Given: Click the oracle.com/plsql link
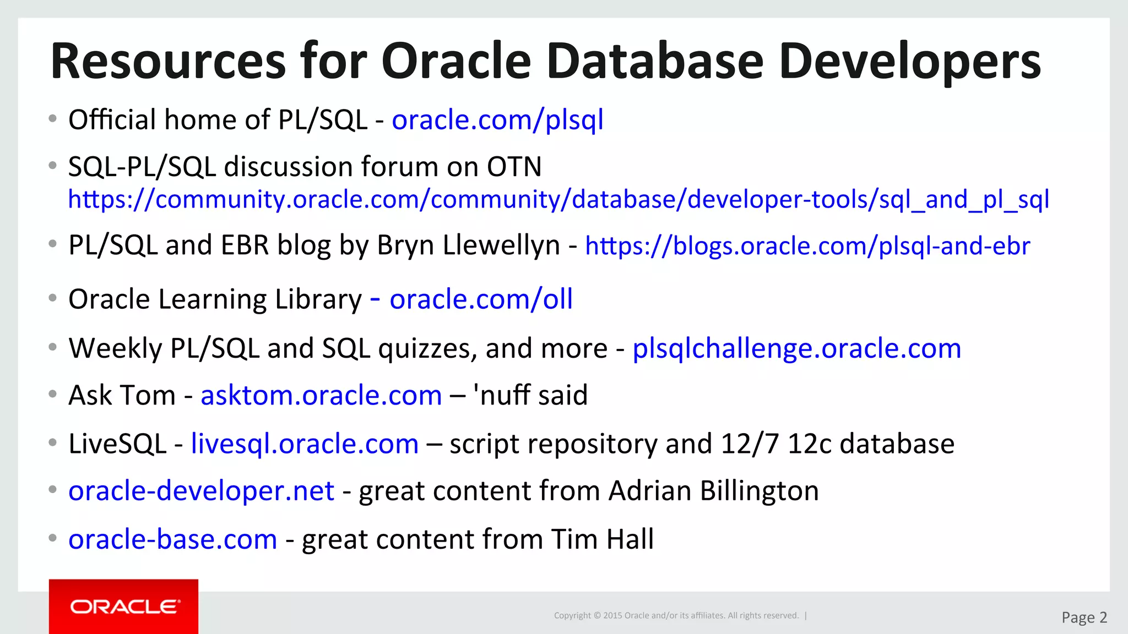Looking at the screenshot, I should point(497,120).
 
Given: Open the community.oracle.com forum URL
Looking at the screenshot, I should point(558,199).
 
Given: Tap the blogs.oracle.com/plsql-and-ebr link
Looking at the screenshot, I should point(807,245).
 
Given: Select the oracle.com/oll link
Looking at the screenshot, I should point(481,299).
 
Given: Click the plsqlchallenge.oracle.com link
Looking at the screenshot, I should point(796,348).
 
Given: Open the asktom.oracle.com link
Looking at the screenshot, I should point(321,395).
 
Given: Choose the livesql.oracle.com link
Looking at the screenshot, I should point(305,444).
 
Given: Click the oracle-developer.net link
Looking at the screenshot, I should point(201,490).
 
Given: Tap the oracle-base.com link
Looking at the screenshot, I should point(172,539).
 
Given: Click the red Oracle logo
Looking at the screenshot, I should point(123,606).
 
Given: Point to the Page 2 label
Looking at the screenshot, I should point(1084,617).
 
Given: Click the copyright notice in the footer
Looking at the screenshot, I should point(676,615).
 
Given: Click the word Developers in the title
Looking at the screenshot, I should point(909,61).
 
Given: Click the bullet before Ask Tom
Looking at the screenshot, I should point(52,394).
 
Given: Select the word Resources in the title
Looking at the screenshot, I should point(168,61).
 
